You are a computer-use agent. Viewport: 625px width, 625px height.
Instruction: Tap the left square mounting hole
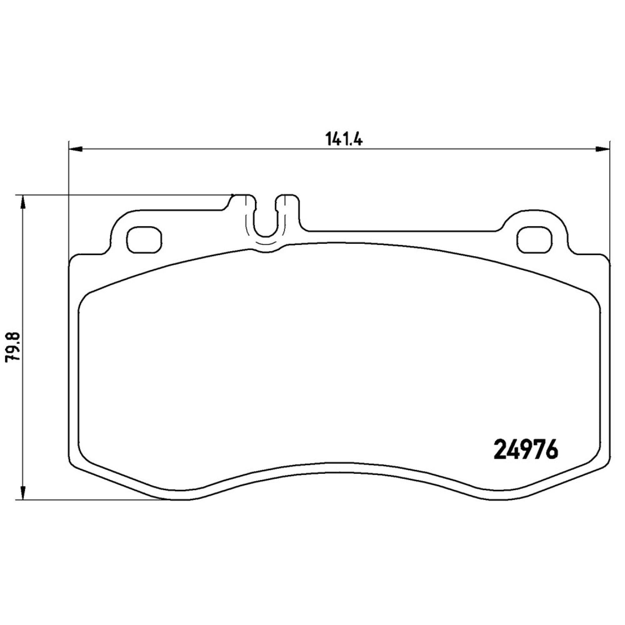143,240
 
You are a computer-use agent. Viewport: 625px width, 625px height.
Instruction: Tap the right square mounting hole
534,240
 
